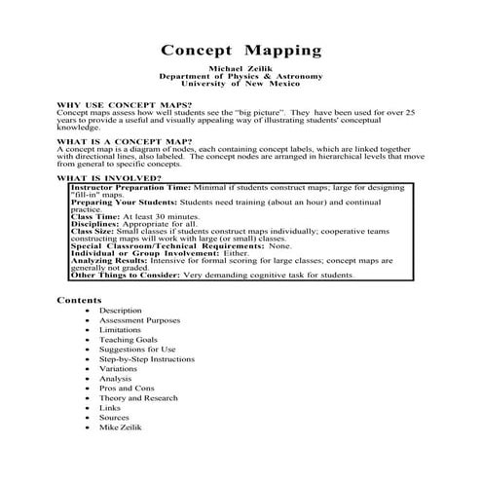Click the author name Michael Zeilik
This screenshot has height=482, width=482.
click(241, 70)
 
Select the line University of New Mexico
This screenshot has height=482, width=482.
click(241, 86)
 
